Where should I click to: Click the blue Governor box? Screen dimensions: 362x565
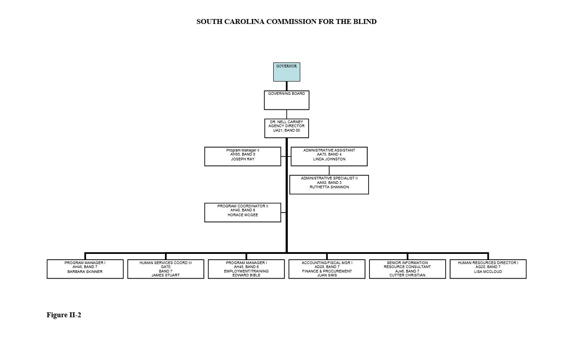click(286, 72)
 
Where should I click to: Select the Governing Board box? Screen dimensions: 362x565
click(286, 100)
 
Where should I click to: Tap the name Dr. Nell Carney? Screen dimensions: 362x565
click(286, 122)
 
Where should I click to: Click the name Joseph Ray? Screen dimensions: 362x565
click(243, 159)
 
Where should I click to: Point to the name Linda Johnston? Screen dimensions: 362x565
click(329, 159)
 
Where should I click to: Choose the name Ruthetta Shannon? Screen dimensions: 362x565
click(329, 187)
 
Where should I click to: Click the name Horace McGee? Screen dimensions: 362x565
click(243, 215)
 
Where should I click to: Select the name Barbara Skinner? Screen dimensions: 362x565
click(85, 271)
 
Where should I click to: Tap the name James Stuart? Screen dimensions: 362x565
click(165, 275)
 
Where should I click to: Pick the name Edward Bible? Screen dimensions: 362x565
click(246, 275)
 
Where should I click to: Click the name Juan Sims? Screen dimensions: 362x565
click(327, 275)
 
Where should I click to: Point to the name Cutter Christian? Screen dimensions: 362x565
click(407, 275)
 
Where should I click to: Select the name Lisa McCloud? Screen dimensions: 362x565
click(488, 271)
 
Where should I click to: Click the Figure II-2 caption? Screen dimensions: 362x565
click(64, 315)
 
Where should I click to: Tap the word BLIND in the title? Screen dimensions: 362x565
click(365, 22)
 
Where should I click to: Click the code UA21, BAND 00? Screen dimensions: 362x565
click(286, 130)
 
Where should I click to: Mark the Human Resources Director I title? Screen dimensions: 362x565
click(488, 263)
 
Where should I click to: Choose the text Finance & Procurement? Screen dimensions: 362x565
click(327, 271)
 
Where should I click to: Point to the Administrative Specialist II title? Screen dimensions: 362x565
click(329, 178)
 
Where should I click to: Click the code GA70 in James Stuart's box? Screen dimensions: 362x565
click(165, 267)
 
